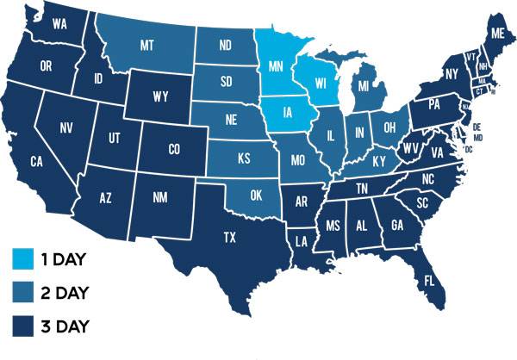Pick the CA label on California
[36, 161]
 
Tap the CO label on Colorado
[174, 149]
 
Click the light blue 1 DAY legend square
[24, 258]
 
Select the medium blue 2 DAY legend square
[24, 292]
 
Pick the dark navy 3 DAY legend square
[24, 326]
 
